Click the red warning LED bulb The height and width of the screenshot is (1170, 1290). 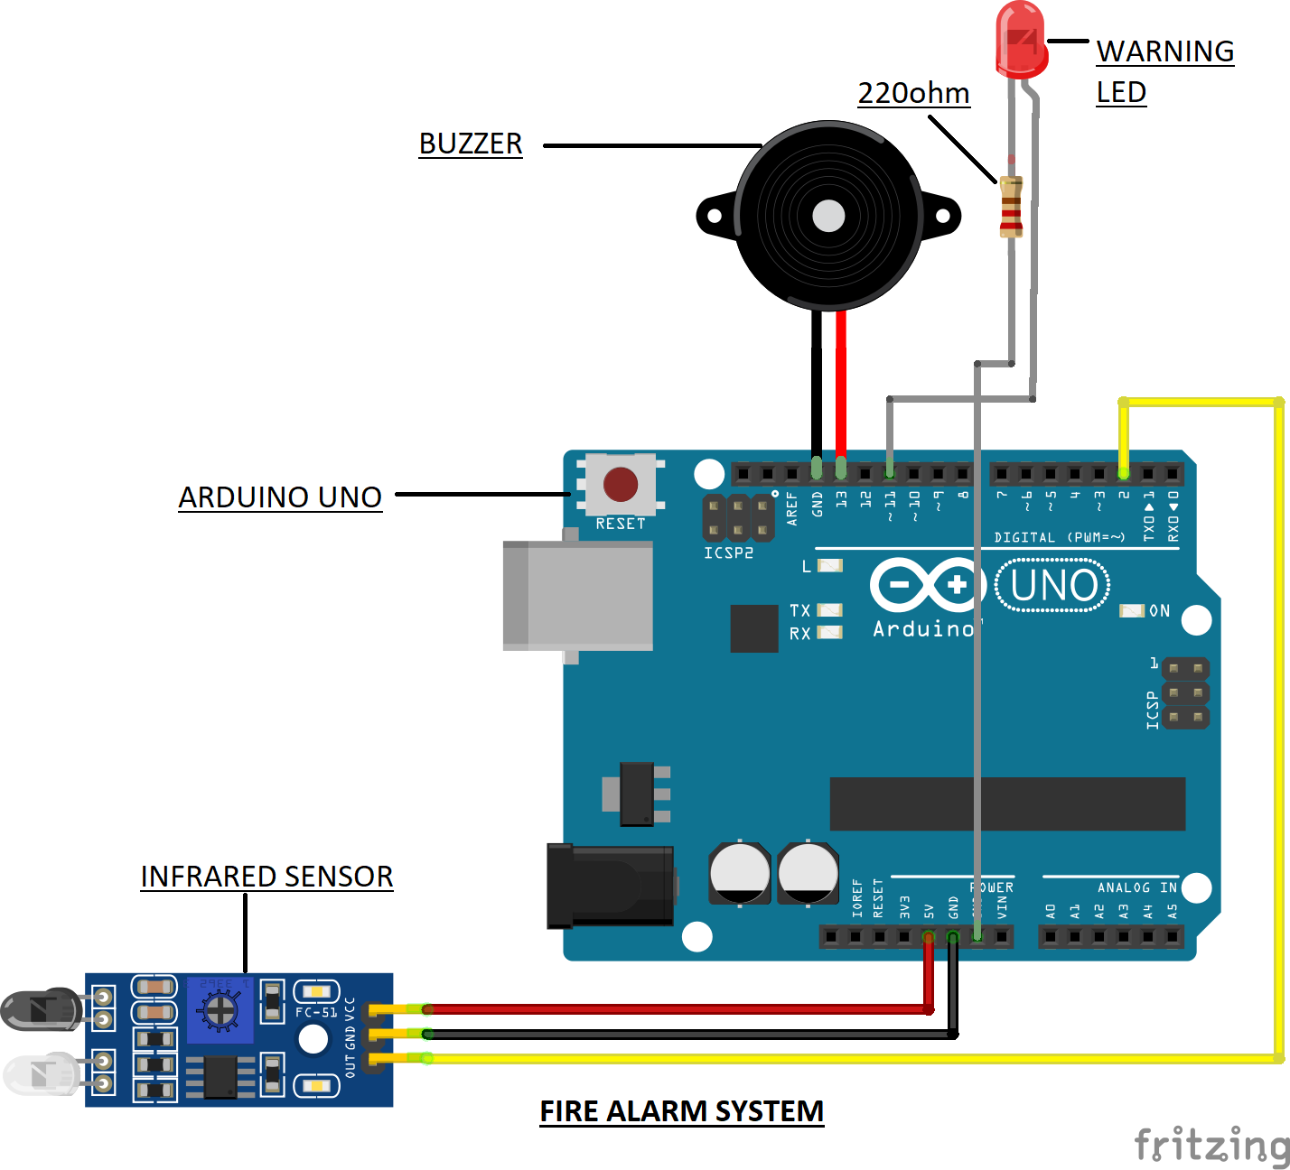tap(1022, 41)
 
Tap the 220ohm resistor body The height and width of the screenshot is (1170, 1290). tap(1011, 207)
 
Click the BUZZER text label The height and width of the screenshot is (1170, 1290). tap(471, 144)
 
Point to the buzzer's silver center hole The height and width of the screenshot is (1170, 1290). tap(828, 216)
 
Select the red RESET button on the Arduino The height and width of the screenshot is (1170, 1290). tap(621, 485)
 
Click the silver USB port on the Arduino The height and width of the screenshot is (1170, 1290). tap(578, 595)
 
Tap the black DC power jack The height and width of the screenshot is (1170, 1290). tap(611, 886)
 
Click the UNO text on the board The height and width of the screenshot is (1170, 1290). tap(1053, 586)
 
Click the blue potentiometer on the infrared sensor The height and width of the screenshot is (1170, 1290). tap(220, 1009)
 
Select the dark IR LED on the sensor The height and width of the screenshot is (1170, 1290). tap(41, 1009)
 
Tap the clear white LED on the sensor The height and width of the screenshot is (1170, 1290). tap(42, 1073)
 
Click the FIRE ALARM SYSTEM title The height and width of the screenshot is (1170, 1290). tap(681, 1111)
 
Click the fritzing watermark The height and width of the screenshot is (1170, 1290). tap(1211, 1144)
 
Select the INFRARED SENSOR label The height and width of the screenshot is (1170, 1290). tap(266, 877)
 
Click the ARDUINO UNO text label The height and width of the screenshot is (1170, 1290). tap(280, 497)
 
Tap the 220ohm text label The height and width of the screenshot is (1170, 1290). tap(913, 93)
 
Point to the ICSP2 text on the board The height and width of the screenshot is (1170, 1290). tap(728, 552)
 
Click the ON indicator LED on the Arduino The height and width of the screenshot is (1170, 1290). tap(1131, 611)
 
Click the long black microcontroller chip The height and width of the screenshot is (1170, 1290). tap(1007, 803)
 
